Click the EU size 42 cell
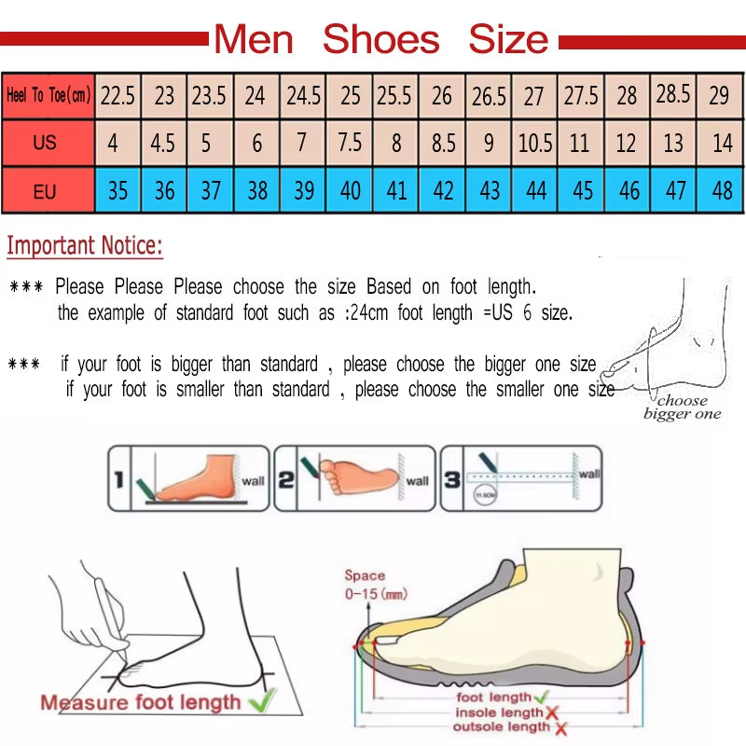pyautogui.click(x=443, y=191)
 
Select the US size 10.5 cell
pyautogui.click(x=534, y=145)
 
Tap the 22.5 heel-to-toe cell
pyautogui.click(x=118, y=95)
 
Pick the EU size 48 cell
pyautogui.click(x=721, y=191)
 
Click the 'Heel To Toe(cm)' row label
pyautogui.click(x=48, y=95)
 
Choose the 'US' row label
pyautogui.click(x=45, y=144)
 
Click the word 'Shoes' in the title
pyautogui.click(x=380, y=40)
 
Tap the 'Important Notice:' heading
pyautogui.click(x=85, y=246)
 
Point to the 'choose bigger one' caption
pyautogui.click(x=682, y=408)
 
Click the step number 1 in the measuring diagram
pyautogui.click(x=118, y=481)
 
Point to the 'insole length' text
pyautogui.click(x=497, y=712)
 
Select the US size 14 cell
pyautogui.click(x=722, y=145)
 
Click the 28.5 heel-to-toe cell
pyautogui.click(x=673, y=94)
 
